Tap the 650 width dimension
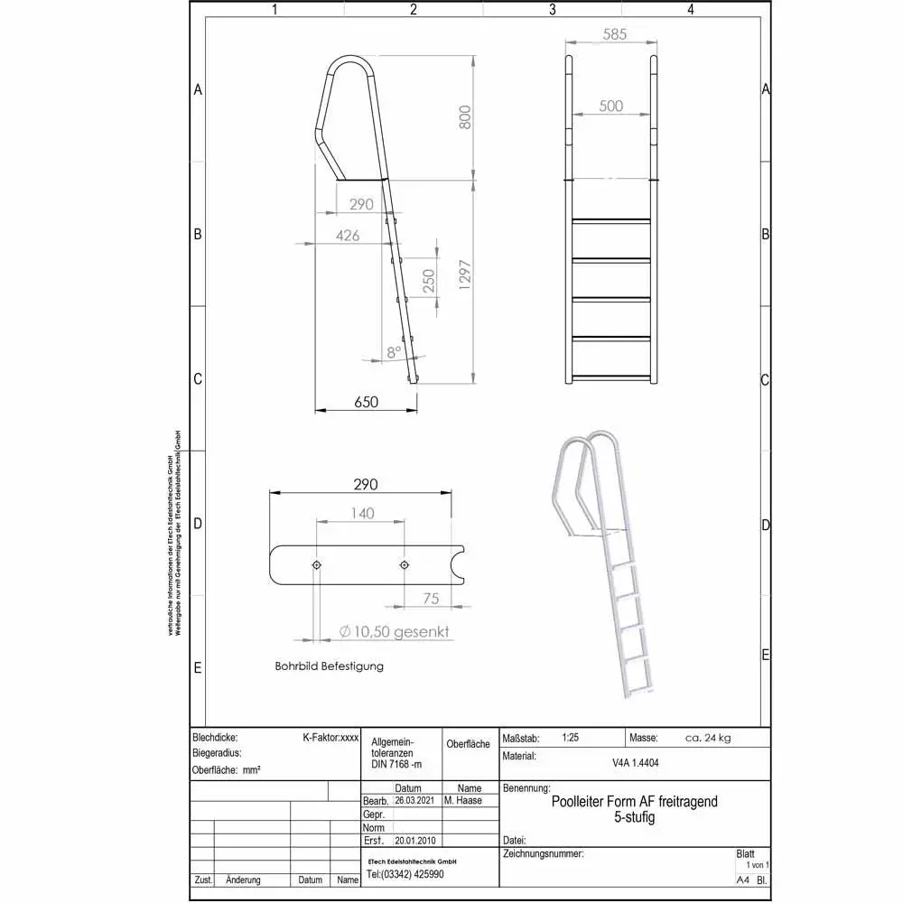click(x=366, y=402)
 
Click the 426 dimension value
click(x=348, y=236)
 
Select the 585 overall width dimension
click(x=611, y=35)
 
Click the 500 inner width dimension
click(x=611, y=106)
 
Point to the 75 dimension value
click(x=430, y=597)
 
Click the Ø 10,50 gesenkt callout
click(x=394, y=632)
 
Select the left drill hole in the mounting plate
click(x=316, y=564)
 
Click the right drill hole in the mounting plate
click(x=404, y=564)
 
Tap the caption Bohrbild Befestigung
click(x=329, y=666)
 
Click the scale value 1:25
click(x=570, y=738)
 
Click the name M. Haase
click(x=463, y=800)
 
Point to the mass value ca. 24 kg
click(x=708, y=738)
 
